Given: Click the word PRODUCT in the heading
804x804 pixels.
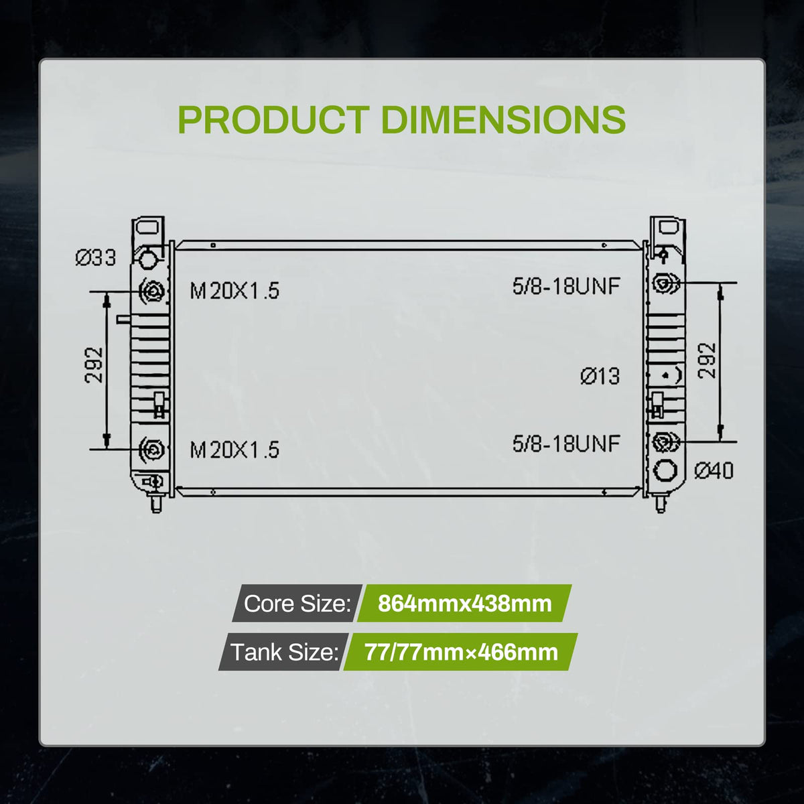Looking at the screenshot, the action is tap(274, 120).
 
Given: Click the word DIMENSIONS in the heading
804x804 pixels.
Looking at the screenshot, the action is tap(503, 120).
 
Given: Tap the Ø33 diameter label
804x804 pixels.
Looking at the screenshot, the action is tap(96, 258).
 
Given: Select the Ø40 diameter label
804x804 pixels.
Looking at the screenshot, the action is tap(714, 471).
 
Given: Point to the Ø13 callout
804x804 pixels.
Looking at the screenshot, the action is tap(600, 377).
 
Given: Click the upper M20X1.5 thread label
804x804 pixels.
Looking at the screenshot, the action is tap(234, 291).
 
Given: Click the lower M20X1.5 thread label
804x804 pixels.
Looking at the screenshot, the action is tap(234, 450).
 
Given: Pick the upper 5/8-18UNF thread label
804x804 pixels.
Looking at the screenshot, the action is tap(566, 287).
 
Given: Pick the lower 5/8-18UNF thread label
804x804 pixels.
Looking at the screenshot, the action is tap(566, 443).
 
